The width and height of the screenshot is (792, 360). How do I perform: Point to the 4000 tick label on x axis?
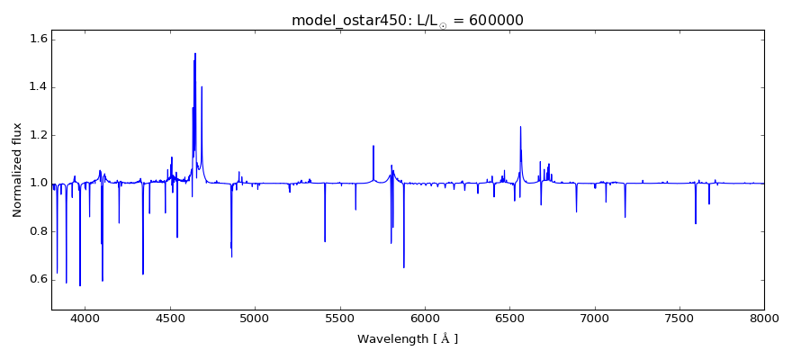coord(85,319)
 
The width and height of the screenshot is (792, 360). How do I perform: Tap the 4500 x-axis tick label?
coord(170,319)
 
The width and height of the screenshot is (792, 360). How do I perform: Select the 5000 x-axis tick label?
coord(255,319)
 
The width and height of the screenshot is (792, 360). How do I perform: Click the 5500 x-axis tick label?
coord(339,319)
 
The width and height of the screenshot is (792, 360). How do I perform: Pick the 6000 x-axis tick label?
coord(425,319)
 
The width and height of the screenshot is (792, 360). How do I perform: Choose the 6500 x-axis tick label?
coord(509,319)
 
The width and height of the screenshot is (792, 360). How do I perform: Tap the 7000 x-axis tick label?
coord(594,319)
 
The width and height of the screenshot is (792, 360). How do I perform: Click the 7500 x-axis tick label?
coord(679,319)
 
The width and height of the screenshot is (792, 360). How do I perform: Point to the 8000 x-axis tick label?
coord(764,319)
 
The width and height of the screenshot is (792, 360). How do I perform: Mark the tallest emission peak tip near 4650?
coord(195,53)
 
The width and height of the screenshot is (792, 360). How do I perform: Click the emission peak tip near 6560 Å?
coord(520,126)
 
